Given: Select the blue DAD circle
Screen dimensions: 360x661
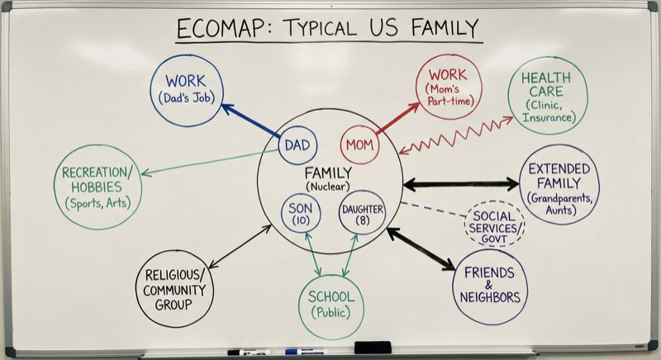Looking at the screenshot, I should coord(297,145).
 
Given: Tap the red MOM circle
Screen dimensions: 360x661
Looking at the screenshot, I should coord(359,145).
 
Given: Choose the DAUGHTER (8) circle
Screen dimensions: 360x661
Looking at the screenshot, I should coord(362,214).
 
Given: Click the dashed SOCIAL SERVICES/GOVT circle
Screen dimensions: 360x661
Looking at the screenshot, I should coord(494,224).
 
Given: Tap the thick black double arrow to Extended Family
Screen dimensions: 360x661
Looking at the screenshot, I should coord(460,184).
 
